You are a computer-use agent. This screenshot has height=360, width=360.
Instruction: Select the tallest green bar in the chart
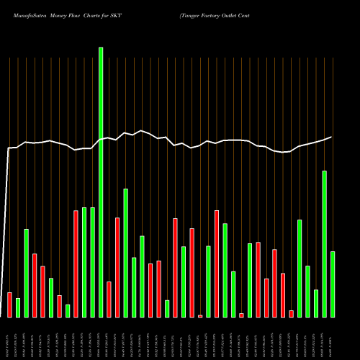coord(101,180)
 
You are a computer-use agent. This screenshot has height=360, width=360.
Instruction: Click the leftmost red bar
coord(9,305)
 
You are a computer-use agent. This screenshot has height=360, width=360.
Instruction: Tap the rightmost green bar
coord(333,284)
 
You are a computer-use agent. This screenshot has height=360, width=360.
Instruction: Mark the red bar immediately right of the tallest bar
coord(109,299)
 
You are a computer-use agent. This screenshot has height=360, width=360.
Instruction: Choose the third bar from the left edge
coord(26,273)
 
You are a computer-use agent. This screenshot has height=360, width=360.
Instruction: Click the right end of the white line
coord(331,137)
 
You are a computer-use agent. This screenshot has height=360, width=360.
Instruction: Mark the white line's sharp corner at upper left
coord(9,148)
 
